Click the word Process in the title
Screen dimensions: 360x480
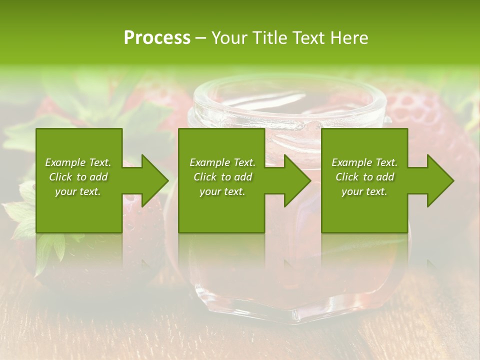pyautogui.click(x=157, y=38)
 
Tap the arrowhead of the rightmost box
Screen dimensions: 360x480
pyautogui.click(x=439, y=180)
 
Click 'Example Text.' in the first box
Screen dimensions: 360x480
pyautogui.click(x=78, y=162)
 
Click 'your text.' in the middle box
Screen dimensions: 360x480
pyautogui.click(x=222, y=191)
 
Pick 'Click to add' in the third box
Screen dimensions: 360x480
pyautogui.click(x=364, y=177)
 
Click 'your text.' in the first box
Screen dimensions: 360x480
pyautogui.click(x=78, y=191)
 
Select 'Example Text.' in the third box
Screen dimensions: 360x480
pyautogui.click(x=364, y=162)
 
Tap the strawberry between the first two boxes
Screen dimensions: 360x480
pyautogui.click(x=145, y=220)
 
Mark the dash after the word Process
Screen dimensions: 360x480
pyautogui.click(x=200, y=38)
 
